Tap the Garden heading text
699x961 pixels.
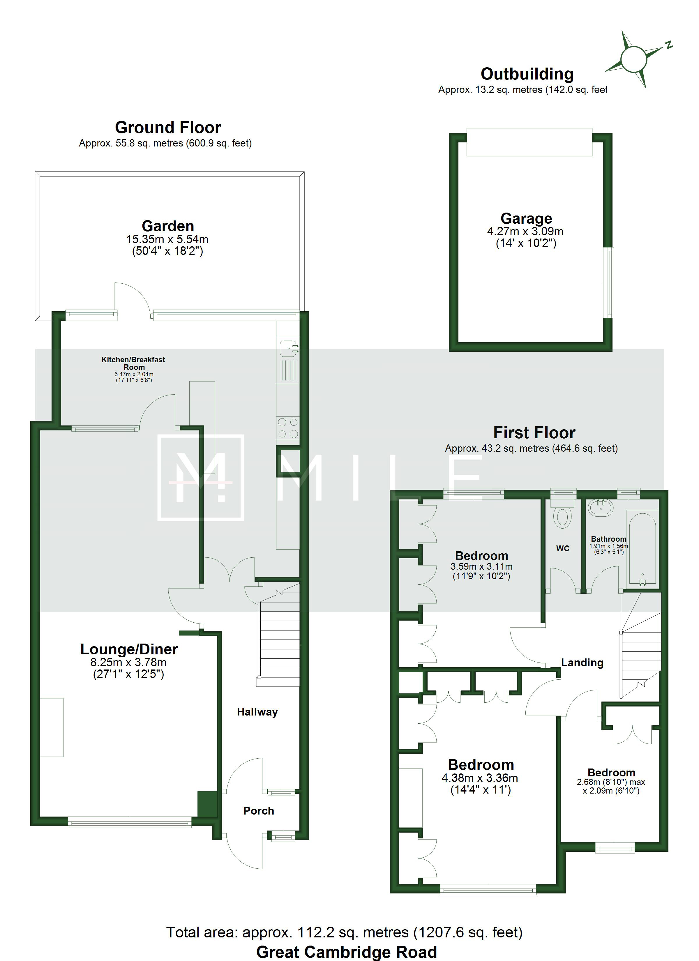tap(168, 226)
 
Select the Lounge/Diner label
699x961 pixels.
tap(129, 649)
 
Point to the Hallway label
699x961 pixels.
tap(257, 711)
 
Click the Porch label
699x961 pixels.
tap(259, 810)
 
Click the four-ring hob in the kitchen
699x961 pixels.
tap(288, 428)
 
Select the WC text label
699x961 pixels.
tap(562, 549)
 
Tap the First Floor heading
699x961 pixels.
tap(534, 433)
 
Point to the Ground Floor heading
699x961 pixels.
tap(168, 128)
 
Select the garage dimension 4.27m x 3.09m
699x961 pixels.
tap(525, 231)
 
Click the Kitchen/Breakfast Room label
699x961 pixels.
tap(133, 363)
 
